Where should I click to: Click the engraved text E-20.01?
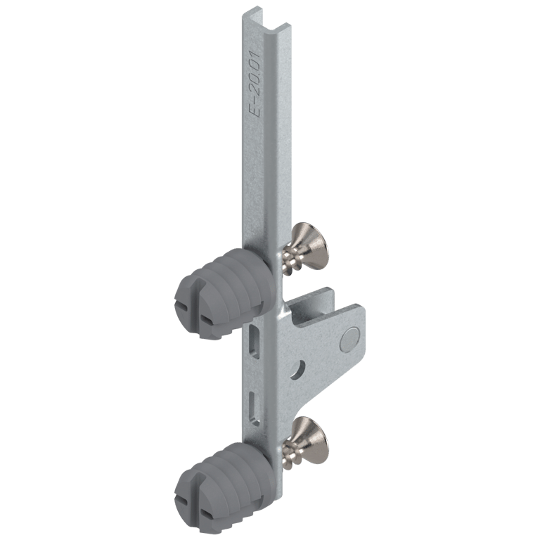(x=255, y=84)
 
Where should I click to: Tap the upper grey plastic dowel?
(x=225, y=293)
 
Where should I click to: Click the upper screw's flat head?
(x=309, y=241)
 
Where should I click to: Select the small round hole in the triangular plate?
(x=298, y=370)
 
